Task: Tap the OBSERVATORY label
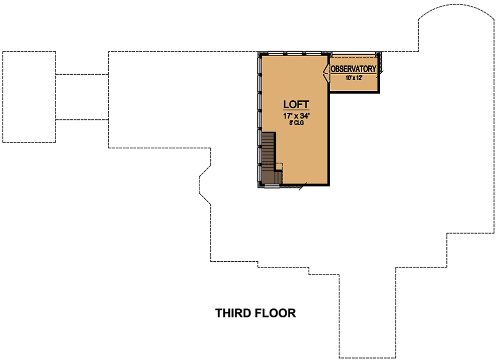tap(353, 69)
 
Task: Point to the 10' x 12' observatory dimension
tap(353, 78)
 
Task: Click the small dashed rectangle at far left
tap(29, 97)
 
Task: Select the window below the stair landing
tap(272, 186)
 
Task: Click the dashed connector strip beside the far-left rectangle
tap(82, 97)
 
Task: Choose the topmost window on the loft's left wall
tap(260, 65)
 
